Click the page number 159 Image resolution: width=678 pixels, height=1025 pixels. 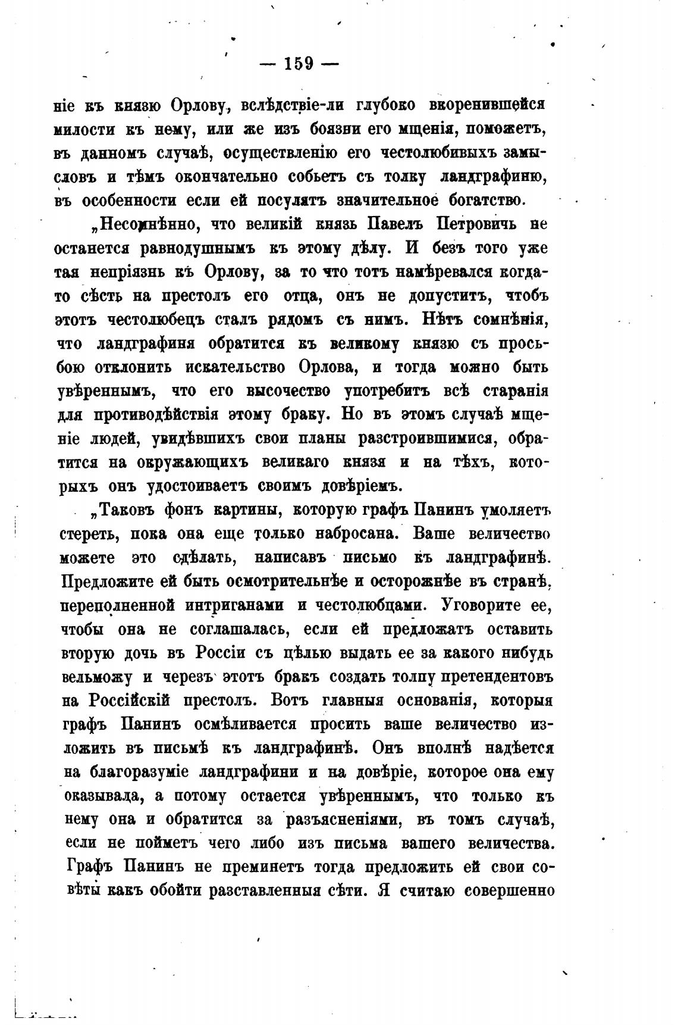pos(299,63)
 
